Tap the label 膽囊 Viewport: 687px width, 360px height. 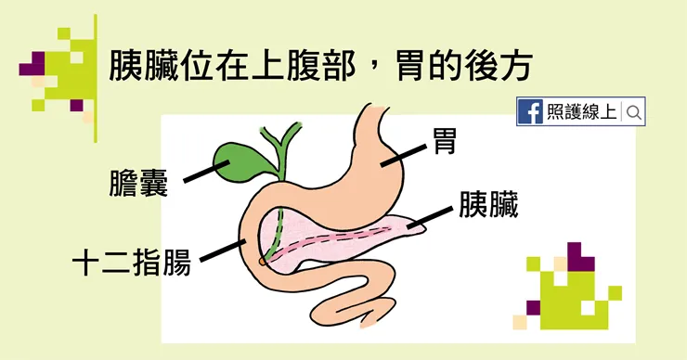point(138,184)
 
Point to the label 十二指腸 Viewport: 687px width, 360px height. point(132,262)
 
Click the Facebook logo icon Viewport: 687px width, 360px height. point(531,112)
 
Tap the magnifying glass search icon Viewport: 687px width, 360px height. point(635,112)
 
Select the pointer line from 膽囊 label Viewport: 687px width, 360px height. point(201,173)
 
